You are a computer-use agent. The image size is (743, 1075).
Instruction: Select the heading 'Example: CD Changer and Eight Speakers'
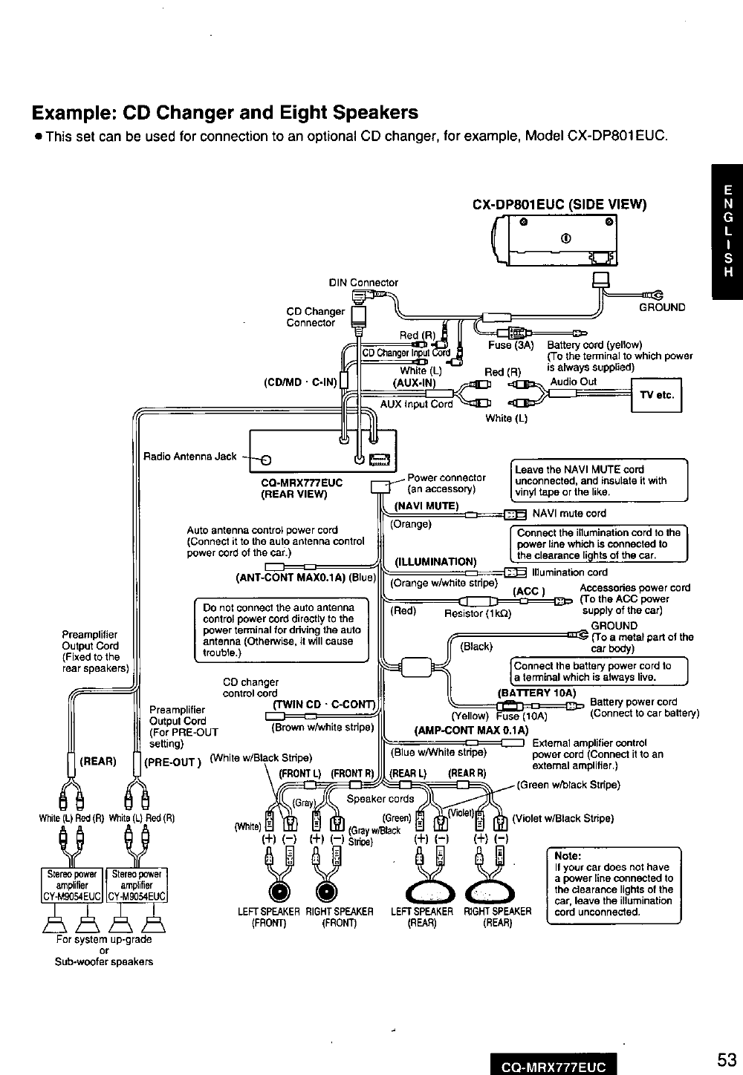[224, 113]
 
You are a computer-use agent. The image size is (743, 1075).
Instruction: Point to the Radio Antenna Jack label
[189, 456]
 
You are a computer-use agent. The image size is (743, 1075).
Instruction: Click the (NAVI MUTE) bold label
[426, 506]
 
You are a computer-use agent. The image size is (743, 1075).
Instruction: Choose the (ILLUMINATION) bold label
[435, 561]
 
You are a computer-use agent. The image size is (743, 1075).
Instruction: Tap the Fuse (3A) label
[511, 345]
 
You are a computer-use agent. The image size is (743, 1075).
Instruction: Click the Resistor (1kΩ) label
[475, 613]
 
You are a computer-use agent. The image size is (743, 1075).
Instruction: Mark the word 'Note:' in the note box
[567, 855]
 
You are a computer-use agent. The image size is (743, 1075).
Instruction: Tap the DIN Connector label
[363, 282]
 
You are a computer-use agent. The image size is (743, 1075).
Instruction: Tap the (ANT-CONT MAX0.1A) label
[306, 576]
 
